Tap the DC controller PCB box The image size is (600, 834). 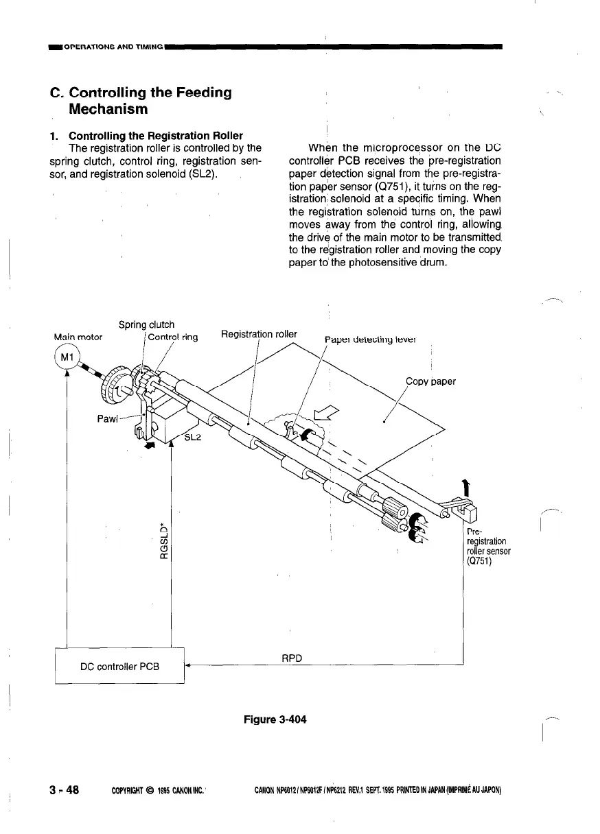120,665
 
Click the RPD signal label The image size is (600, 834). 293,658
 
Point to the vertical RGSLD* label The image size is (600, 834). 164,538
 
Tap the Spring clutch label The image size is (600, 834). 146,324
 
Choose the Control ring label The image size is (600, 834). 173,337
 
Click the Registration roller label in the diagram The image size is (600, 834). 259,334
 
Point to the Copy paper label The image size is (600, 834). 430,381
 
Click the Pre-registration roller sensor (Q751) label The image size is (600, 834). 487,546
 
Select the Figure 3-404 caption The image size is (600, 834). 275,719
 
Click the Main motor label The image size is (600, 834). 78,337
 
